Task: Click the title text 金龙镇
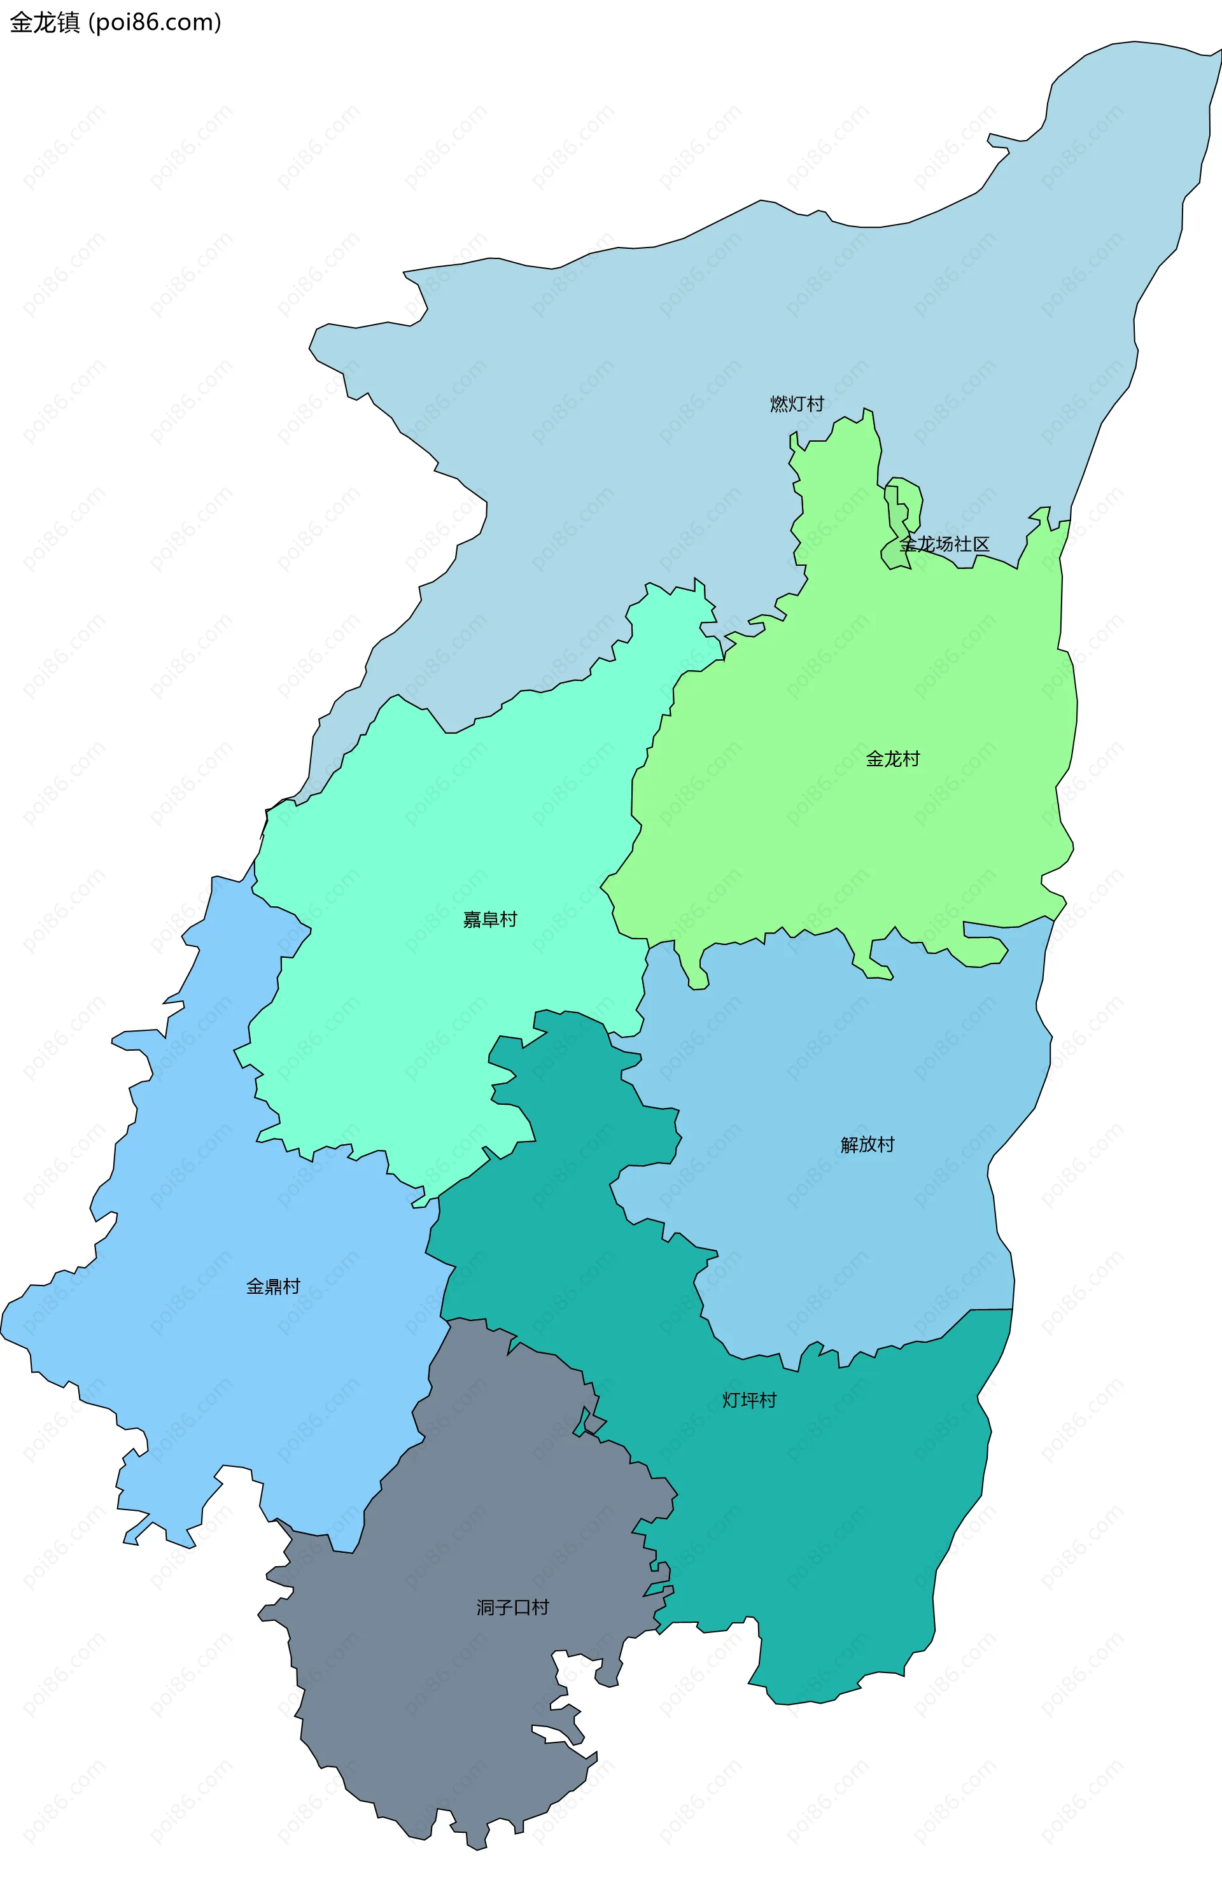45,23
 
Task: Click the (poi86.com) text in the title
155,23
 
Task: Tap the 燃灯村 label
797,403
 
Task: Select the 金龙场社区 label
945,544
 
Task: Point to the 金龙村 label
893,759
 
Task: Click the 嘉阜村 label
489,920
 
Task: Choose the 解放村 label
867,1144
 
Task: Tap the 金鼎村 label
273,1286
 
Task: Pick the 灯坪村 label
749,1400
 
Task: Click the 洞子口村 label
512,1607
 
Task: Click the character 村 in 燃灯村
815,403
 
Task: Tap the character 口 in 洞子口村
521,1607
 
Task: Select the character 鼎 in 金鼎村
273,1286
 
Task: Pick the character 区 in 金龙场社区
981,544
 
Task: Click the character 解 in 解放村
850,1144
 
